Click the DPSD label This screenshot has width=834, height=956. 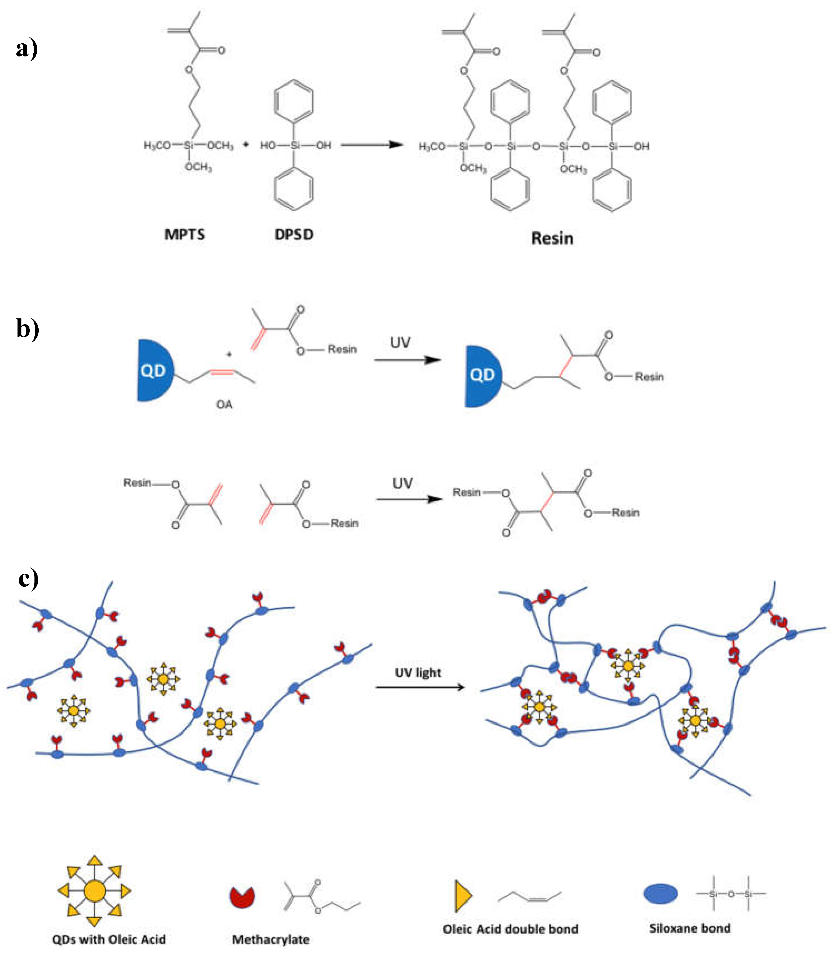point(294,234)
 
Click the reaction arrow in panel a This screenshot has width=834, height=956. point(371,145)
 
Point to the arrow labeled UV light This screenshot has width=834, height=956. point(420,687)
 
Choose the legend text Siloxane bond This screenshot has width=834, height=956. point(690,928)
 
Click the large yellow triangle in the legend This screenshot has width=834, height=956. point(463,895)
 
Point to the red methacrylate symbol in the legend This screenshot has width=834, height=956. point(242,897)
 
